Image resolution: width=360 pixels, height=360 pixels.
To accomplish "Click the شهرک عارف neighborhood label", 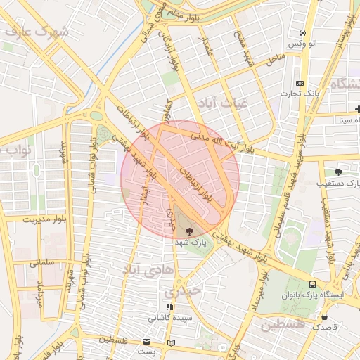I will (x=36, y=32).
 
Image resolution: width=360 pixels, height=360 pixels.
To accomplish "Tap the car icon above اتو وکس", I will (x=302, y=32).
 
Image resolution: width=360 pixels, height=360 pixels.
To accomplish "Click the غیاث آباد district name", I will (x=224, y=103).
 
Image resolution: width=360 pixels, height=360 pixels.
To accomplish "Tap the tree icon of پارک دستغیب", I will (x=338, y=172).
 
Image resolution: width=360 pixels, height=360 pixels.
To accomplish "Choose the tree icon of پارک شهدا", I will (x=188, y=230).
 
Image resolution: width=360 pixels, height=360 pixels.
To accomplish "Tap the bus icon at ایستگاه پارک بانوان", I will (x=312, y=284).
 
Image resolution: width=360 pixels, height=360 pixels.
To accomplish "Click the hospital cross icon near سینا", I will (x=357, y=109).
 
